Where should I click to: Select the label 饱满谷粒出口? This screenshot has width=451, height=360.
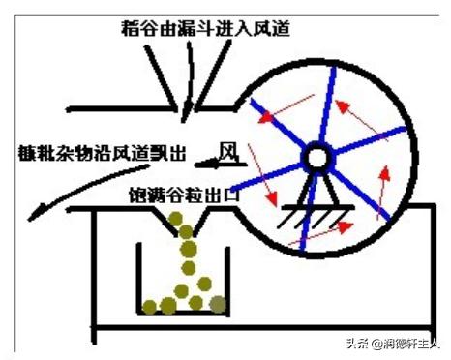[190, 193]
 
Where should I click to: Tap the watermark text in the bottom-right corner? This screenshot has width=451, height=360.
[393, 343]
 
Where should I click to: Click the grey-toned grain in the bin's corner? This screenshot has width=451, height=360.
[219, 305]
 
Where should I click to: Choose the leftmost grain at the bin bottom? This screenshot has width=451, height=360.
[149, 307]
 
